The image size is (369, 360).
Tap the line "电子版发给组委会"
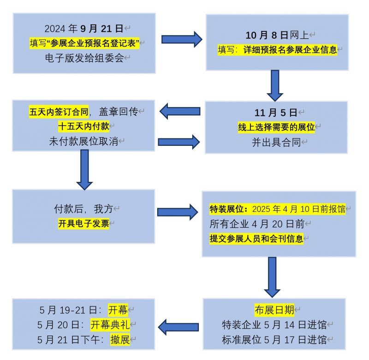(x=84, y=58)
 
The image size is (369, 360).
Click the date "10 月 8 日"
(x=267, y=36)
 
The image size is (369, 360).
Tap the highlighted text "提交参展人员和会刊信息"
(x=256, y=239)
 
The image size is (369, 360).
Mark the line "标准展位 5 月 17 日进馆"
(x=274, y=340)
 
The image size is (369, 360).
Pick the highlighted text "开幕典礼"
(x=113, y=324)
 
